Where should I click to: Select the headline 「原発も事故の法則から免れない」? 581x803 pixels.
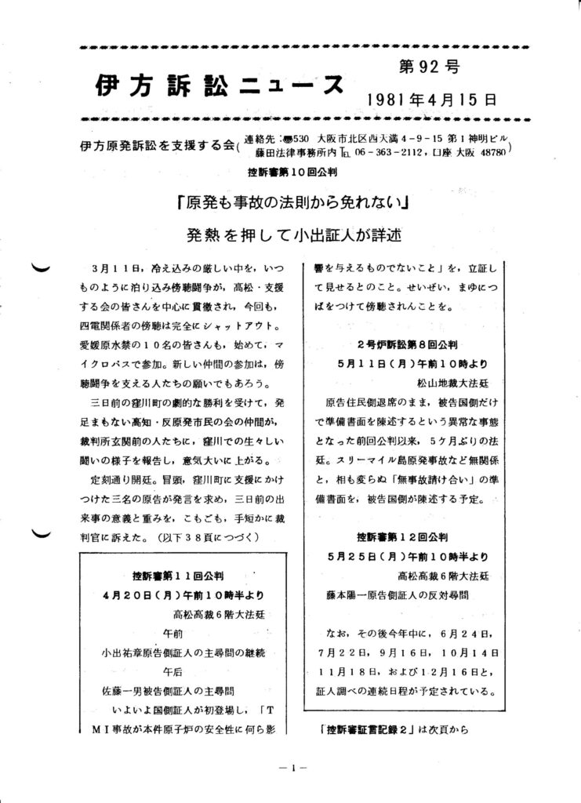[x=296, y=202]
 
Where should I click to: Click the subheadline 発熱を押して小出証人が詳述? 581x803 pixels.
[x=295, y=234]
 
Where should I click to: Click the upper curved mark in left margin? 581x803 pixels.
[x=39, y=269]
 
